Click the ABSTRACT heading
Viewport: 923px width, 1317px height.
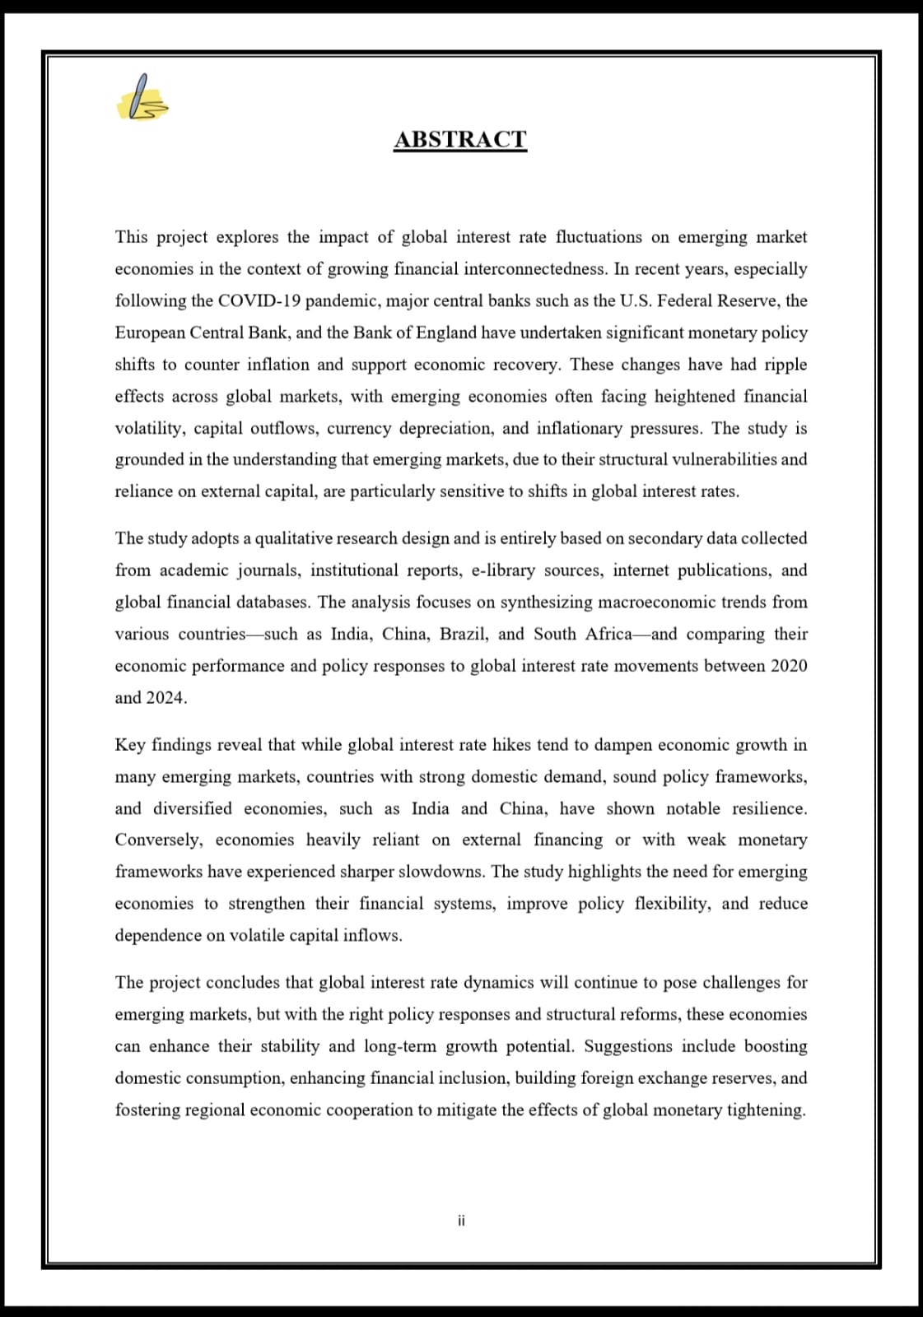tap(460, 139)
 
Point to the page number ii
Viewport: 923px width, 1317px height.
tap(461, 1221)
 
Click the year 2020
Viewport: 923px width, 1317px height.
tap(789, 666)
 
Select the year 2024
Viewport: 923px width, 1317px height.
tap(165, 698)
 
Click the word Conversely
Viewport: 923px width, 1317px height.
tap(158, 840)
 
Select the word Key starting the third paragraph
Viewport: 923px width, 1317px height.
tap(129, 745)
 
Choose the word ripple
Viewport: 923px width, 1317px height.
tap(785, 365)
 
